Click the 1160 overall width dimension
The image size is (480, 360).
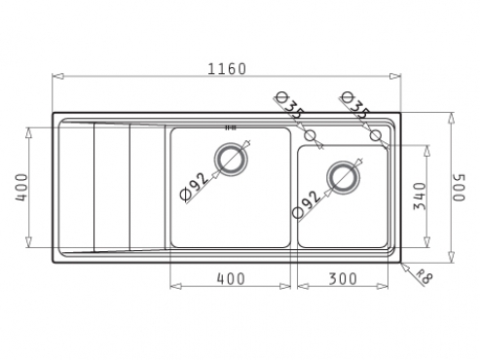point(227,69)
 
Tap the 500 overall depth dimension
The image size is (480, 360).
point(460,188)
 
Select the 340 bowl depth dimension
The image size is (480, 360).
point(420,197)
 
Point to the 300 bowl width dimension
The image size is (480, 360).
point(343,278)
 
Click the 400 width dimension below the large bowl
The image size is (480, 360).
point(231,278)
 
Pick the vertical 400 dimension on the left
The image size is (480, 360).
point(22,188)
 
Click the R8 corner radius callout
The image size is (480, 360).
point(425,276)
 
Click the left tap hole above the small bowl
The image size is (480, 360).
point(311,135)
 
